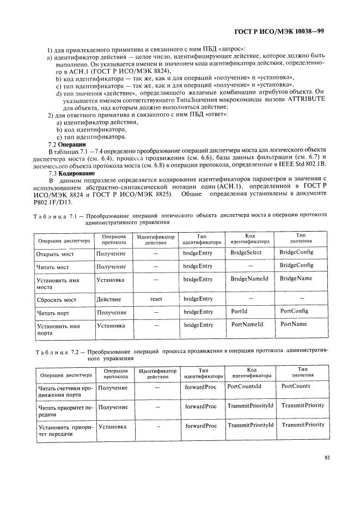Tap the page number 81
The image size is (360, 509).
[x=327, y=458]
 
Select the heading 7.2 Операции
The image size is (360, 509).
[x=64, y=144]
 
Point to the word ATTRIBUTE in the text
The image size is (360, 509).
[x=305, y=100]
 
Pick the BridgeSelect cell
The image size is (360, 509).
[x=246, y=253]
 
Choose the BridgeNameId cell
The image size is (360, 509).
[x=249, y=278]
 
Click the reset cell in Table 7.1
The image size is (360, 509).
[x=156, y=299]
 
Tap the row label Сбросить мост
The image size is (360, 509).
[x=56, y=300]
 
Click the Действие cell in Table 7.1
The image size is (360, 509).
[x=108, y=299]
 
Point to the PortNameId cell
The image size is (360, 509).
[x=247, y=324]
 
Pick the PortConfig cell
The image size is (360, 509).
[x=294, y=311]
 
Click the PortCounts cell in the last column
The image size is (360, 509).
[x=296, y=386]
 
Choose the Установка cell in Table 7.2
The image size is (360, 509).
[x=113, y=426]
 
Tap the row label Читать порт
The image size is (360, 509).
[x=53, y=313]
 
